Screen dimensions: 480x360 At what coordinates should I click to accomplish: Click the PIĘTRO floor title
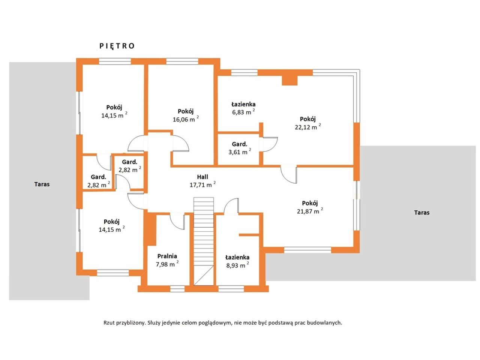tap(117, 46)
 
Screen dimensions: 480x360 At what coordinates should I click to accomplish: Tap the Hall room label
tap(202, 177)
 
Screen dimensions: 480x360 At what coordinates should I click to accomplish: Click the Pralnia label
tap(167, 256)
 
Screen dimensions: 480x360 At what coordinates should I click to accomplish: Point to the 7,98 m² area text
tap(167, 264)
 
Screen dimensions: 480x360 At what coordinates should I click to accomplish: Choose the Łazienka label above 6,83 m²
tap(243, 104)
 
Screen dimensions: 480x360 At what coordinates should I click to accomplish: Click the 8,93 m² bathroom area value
tap(237, 265)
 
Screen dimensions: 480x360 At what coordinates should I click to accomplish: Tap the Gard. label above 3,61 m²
tap(240, 144)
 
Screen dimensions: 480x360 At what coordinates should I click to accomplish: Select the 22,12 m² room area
tap(307, 126)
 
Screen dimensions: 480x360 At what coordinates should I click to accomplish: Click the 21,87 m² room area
tap(310, 211)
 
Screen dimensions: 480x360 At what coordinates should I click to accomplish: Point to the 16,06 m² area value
tap(186, 119)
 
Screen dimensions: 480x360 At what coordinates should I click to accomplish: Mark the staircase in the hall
tap(204, 241)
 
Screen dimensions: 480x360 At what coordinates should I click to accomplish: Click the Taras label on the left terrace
tap(42, 184)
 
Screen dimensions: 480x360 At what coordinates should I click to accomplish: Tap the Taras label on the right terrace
tap(421, 213)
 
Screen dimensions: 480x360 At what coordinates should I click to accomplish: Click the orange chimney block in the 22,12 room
tap(289, 80)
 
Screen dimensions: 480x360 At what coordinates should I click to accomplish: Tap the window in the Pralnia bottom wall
tap(177, 289)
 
